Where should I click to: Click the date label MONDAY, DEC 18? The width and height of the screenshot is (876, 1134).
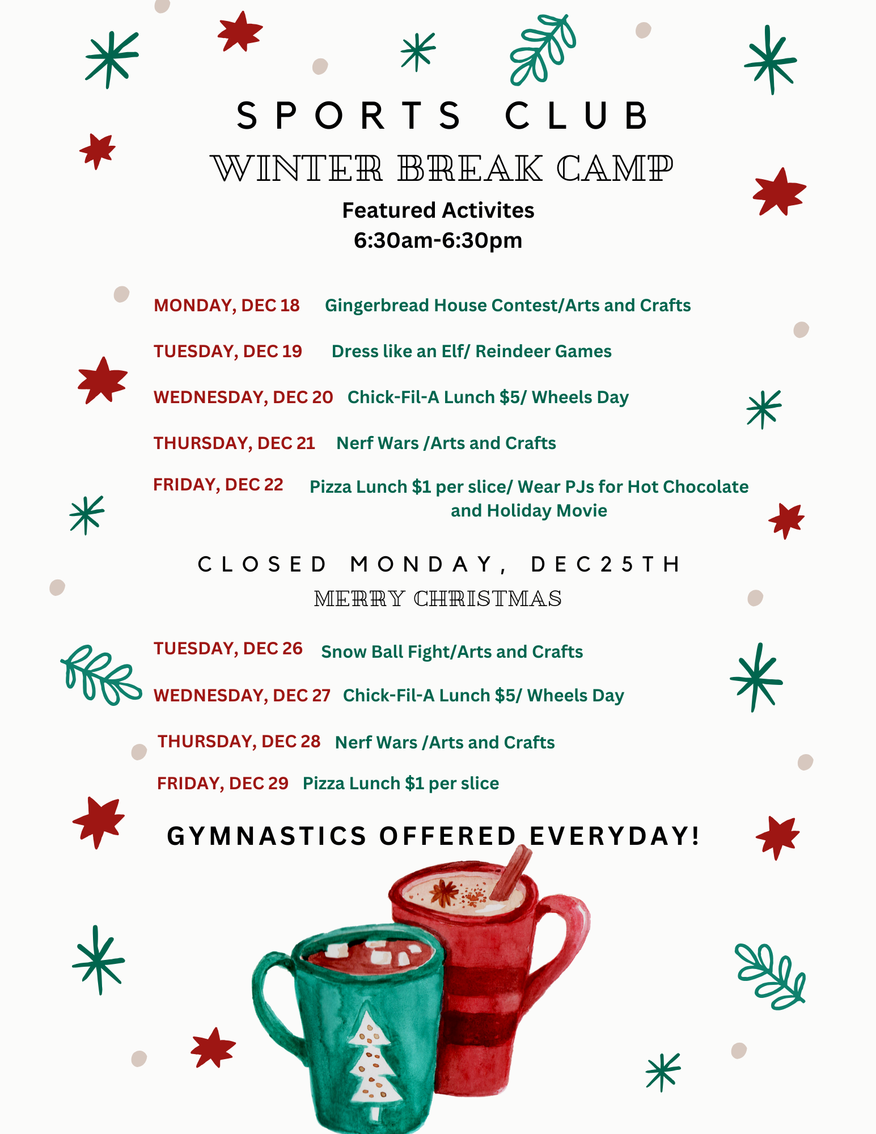tap(227, 306)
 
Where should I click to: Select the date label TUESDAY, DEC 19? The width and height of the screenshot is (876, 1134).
tap(228, 352)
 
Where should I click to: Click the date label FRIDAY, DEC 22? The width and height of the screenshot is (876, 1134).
tap(218, 485)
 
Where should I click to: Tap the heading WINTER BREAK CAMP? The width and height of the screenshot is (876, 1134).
tap(442, 168)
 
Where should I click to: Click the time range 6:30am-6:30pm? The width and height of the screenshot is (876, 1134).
tap(438, 240)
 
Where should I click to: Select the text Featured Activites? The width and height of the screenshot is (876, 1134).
tap(438, 210)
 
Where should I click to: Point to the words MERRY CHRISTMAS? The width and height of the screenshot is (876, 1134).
tap(438, 599)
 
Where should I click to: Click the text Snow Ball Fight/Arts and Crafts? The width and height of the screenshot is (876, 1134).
tap(452, 652)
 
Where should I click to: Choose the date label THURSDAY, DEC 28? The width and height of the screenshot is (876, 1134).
tap(239, 742)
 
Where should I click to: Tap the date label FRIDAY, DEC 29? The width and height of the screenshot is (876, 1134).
tap(223, 784)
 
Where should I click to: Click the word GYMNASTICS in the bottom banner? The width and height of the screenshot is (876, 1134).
tap(267, 836)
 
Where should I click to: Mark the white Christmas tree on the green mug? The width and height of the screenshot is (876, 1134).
tap(371, 1057)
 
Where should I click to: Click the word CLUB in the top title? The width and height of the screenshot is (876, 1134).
tap(576, 116)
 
